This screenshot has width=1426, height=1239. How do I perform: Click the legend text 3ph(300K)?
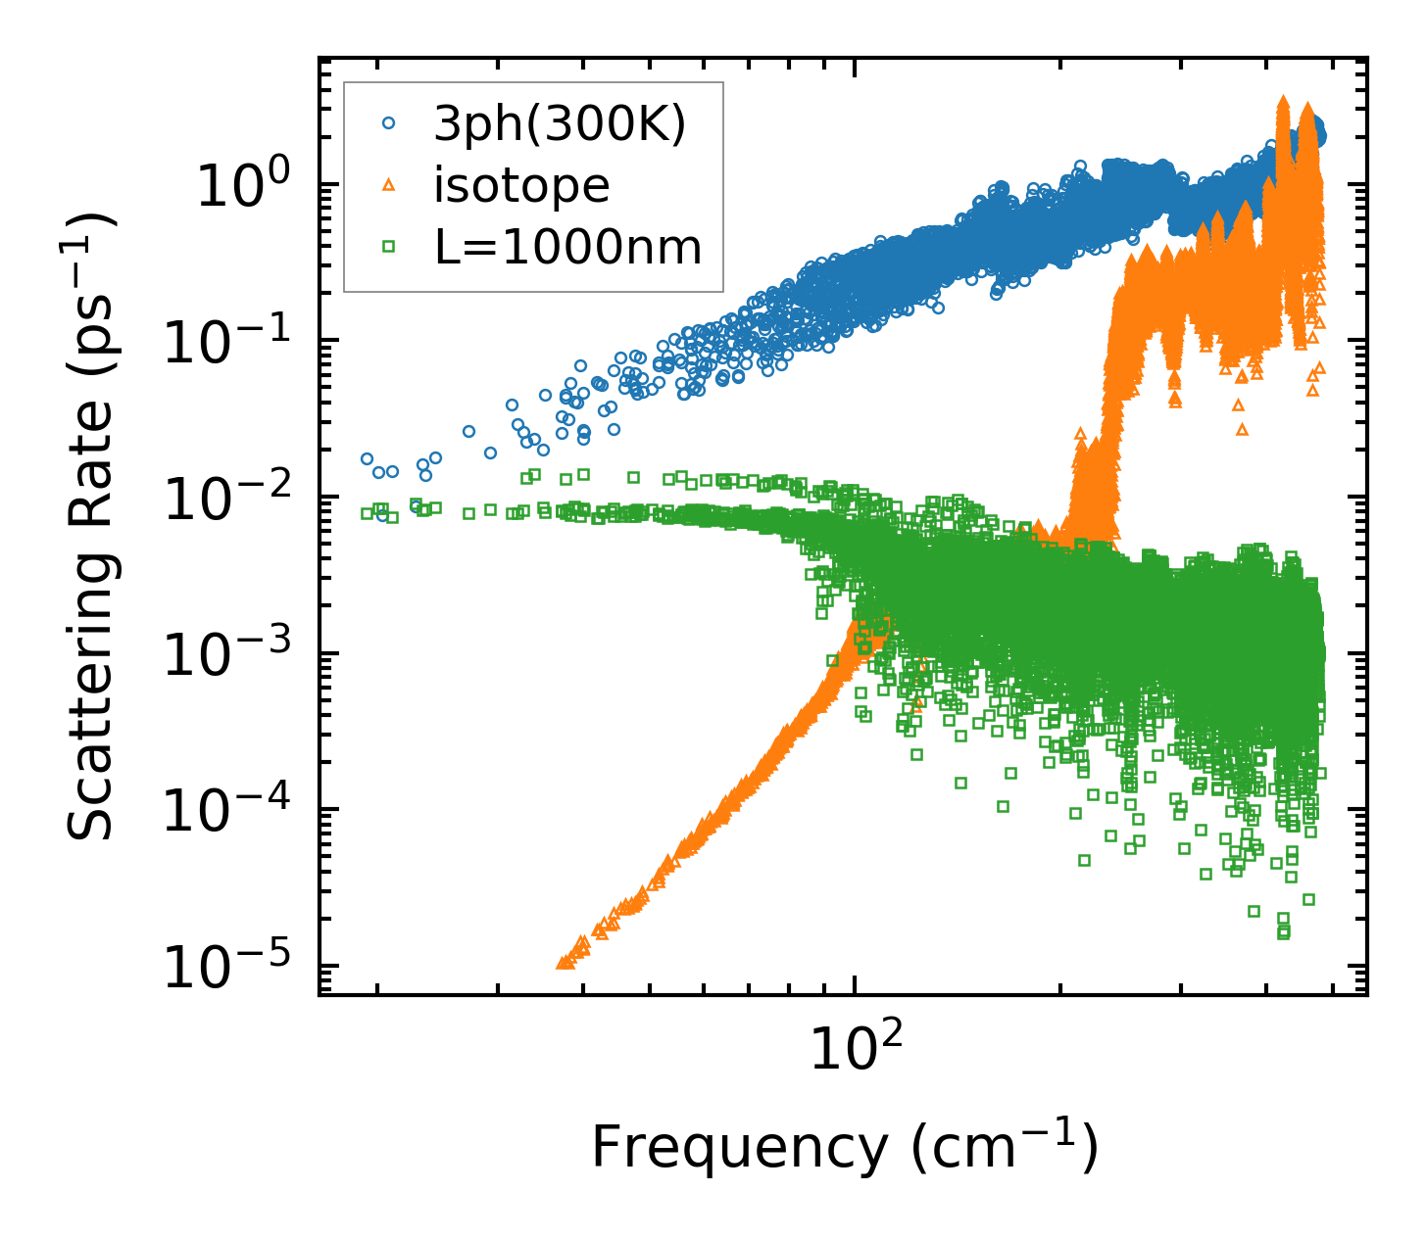click(x=560, y=124)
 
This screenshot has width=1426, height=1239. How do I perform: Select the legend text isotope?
click(x=521, y=186)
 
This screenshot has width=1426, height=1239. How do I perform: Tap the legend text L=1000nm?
click(x=568, y=248)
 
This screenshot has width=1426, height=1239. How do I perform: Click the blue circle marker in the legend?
click(x=389, y=123)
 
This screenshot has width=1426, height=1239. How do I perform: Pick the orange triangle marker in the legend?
click(x=389, y=185)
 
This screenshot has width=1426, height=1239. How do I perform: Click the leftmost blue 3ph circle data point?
click(x=368, y=458)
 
